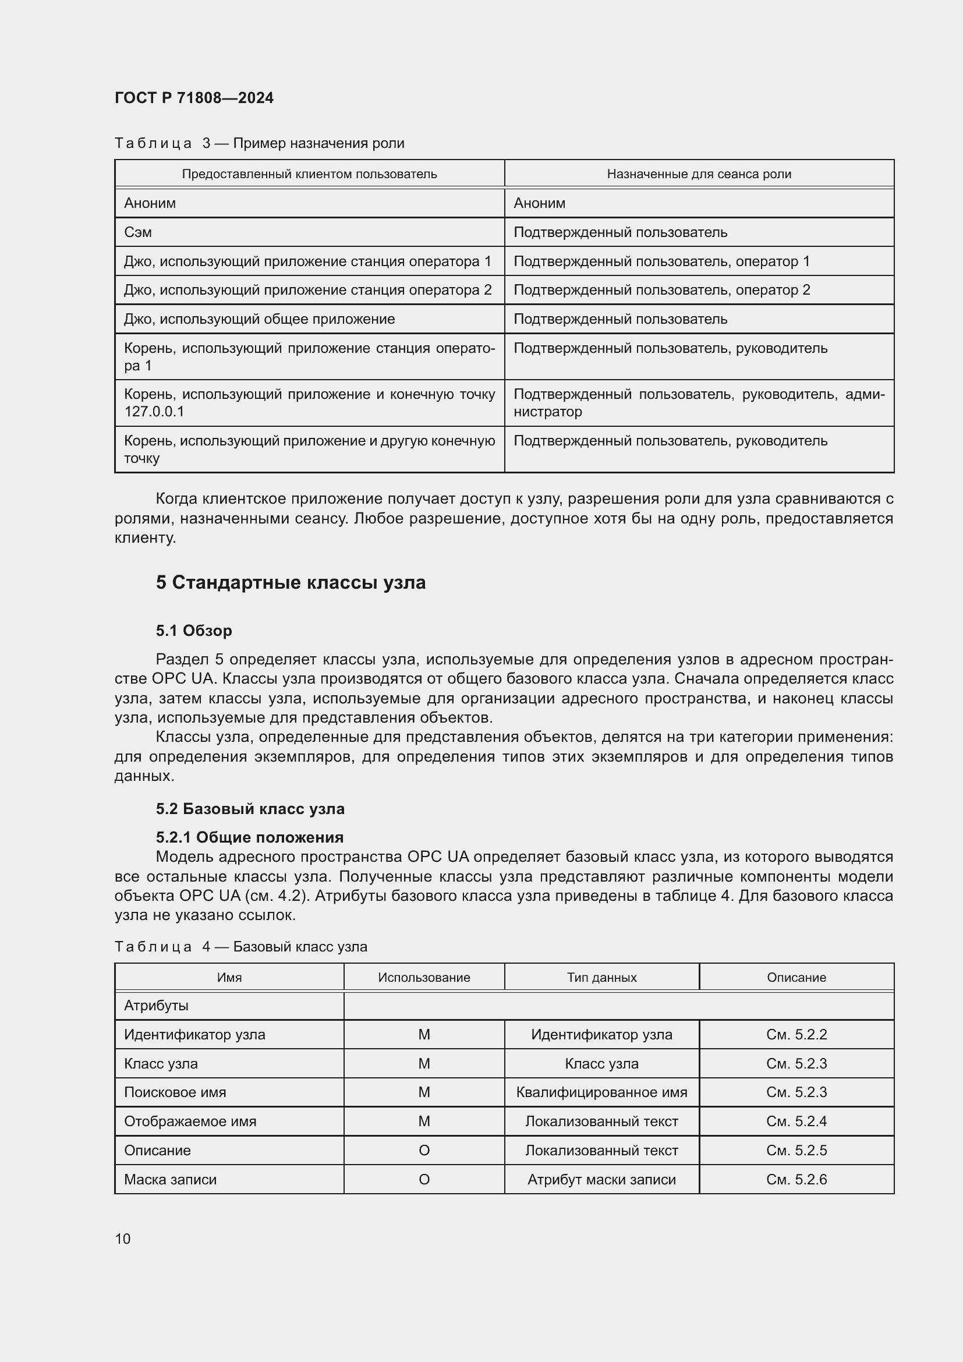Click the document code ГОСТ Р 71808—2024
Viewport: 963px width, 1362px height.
tap(194, 98)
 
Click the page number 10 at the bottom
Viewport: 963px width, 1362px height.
tap(123, 1239)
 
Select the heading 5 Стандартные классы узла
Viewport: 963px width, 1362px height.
tap(291, 582)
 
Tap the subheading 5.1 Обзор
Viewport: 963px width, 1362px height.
tap(194, 631)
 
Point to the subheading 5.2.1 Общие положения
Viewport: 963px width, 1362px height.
tap(250, 837)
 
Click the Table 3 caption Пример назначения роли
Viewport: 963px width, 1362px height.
tap(259, 143)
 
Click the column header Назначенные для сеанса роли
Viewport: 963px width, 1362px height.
tap(699, 174)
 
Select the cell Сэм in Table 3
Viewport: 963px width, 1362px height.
tap(138, 232)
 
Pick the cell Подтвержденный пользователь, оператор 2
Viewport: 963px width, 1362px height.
tap(661, 290)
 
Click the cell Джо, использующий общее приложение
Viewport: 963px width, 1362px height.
tap(259, 319)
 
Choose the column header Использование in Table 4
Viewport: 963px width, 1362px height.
tap(424, 977)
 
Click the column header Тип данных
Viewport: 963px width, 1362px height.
tap(601, 977)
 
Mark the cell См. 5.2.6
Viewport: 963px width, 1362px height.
tap(796, 1179)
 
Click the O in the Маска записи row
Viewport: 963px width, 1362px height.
tap(424, 1179)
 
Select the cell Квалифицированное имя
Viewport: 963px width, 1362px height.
tap(601, 1092)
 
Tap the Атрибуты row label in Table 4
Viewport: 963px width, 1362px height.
tap(156, 1006)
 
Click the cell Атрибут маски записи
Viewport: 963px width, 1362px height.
tap(601, 1179)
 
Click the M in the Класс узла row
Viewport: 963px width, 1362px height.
tap(424, 1064)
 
